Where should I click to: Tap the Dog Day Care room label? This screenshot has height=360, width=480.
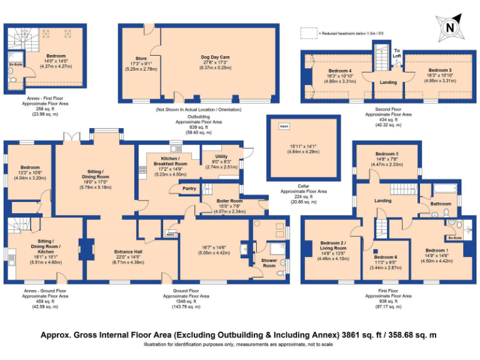coord(216,57)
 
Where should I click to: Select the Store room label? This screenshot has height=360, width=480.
coord(141,59)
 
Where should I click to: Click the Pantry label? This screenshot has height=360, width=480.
coord(189,188)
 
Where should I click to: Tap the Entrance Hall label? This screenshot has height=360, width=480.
coord(128,252)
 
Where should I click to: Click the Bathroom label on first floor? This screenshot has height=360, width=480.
coord(441,204)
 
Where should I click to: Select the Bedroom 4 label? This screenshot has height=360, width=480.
coord(341,70)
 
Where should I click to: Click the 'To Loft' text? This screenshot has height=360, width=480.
coord(397,52)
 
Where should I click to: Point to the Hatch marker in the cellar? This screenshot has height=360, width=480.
coord(284,126)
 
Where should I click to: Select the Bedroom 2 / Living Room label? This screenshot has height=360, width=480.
coord(332,245)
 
